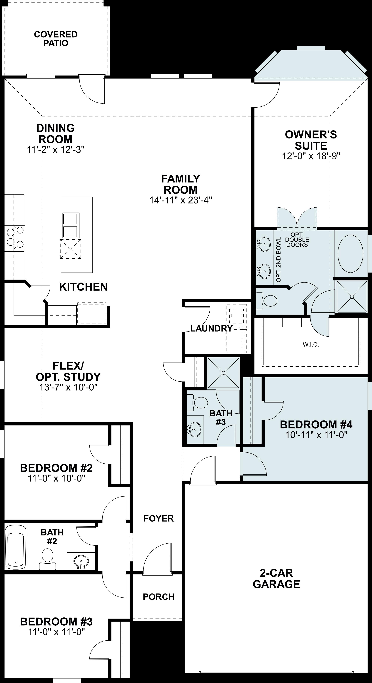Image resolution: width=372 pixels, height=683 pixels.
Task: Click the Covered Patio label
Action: click(56, 39)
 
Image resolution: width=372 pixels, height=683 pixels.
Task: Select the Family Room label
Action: click(181, 184)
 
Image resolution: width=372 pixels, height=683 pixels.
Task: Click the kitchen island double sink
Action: click(70, 225)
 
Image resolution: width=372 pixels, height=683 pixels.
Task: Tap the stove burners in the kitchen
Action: click(15, 237)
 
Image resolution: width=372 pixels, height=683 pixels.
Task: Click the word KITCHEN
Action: click(83, 287)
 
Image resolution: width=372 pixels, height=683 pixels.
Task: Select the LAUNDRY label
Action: click(211, 328)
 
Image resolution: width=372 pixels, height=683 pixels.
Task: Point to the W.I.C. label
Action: click(311, 345)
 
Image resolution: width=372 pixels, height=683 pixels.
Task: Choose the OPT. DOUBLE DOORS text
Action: click(297, 240)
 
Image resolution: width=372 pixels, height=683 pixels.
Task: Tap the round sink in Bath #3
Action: click(195, 429)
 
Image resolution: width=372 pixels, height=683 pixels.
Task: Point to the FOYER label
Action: click(159, 518)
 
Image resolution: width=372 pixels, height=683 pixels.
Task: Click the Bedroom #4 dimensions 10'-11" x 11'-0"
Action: click(316, 435)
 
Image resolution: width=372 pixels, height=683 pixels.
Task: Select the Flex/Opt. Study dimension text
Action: click(68, 387)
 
